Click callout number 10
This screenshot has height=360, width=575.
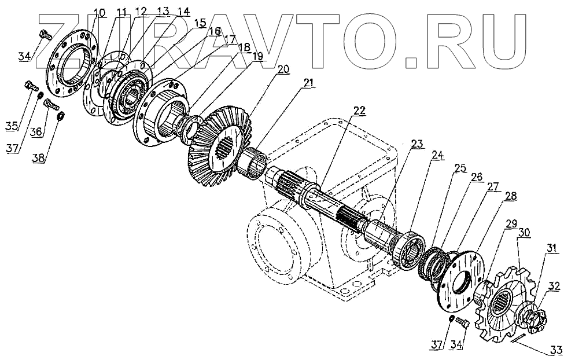pos(99,13)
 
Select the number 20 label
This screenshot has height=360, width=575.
pos(283,69)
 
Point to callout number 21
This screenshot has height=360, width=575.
pos(308,83)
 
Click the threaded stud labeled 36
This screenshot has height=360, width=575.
pos(52,105)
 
